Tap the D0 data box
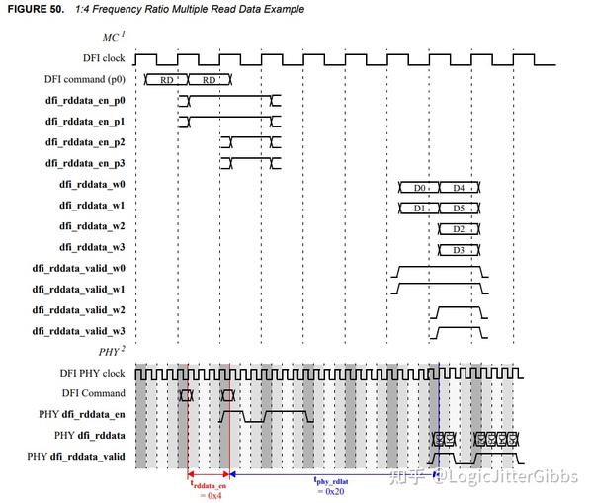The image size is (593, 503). (x=419, y=187)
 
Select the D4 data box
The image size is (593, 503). (x=459, y=187)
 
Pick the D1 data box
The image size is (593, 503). (x=419, y=208)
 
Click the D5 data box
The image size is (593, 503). (x=459, y=208)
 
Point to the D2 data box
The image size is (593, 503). (x=459, y=229)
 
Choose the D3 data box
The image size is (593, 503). (x=459, y=250)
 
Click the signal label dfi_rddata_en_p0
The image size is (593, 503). (x=86, y=100)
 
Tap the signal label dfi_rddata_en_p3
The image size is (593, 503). (x=86, y=162)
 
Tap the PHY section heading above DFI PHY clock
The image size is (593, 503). (x=111, y=350)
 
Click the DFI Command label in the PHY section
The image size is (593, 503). (x=94, y=393)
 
